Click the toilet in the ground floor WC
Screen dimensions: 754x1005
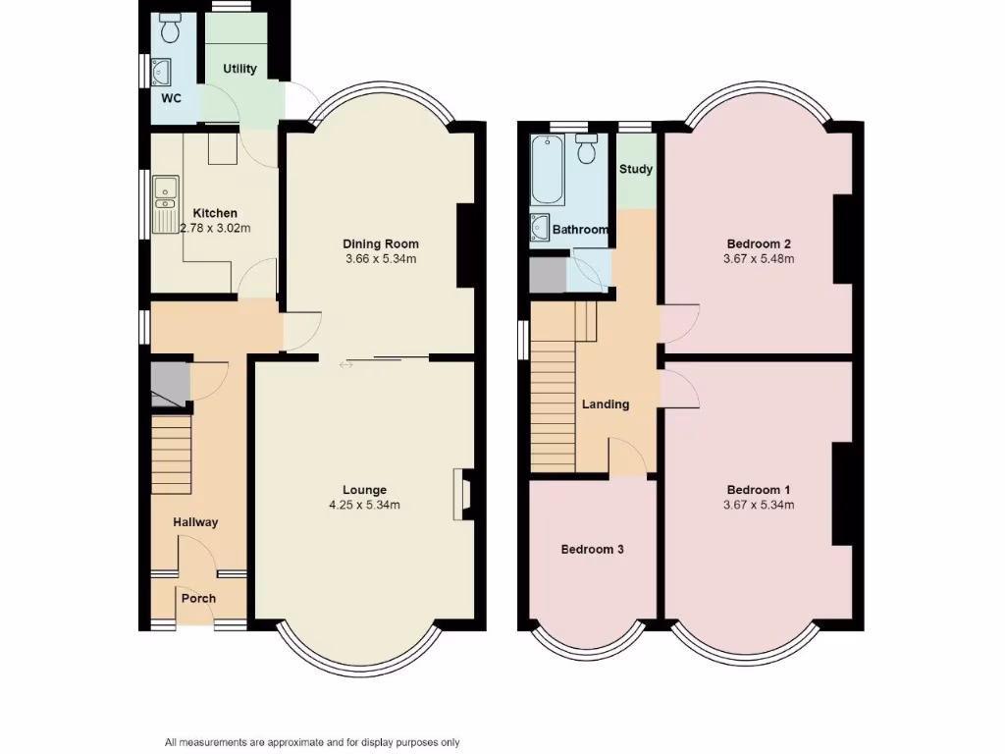pos(172,31)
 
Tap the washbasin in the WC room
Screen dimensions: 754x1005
pos(162,71)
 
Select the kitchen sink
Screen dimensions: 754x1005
pos(163,202)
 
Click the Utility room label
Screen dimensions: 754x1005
pos(239,69)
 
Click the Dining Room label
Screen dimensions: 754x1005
pos(381,244)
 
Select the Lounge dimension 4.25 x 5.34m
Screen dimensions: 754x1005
pos(364,505)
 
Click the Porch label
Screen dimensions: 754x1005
pos(197,598)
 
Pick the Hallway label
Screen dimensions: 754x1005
pos(195,522)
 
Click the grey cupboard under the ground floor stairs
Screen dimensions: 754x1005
pos(168,383)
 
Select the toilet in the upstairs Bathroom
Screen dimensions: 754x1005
pos(587,150)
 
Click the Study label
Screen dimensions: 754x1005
pos(635,169)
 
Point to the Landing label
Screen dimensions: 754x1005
pos(606,404)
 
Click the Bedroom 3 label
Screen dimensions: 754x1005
pos(592,550)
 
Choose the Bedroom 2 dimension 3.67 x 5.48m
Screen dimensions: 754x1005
pos(759,259)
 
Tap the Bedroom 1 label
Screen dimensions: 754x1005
pos(759,490)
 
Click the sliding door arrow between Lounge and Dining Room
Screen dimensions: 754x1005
pos(345,365)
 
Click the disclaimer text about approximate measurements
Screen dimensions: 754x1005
pos(312,742)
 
